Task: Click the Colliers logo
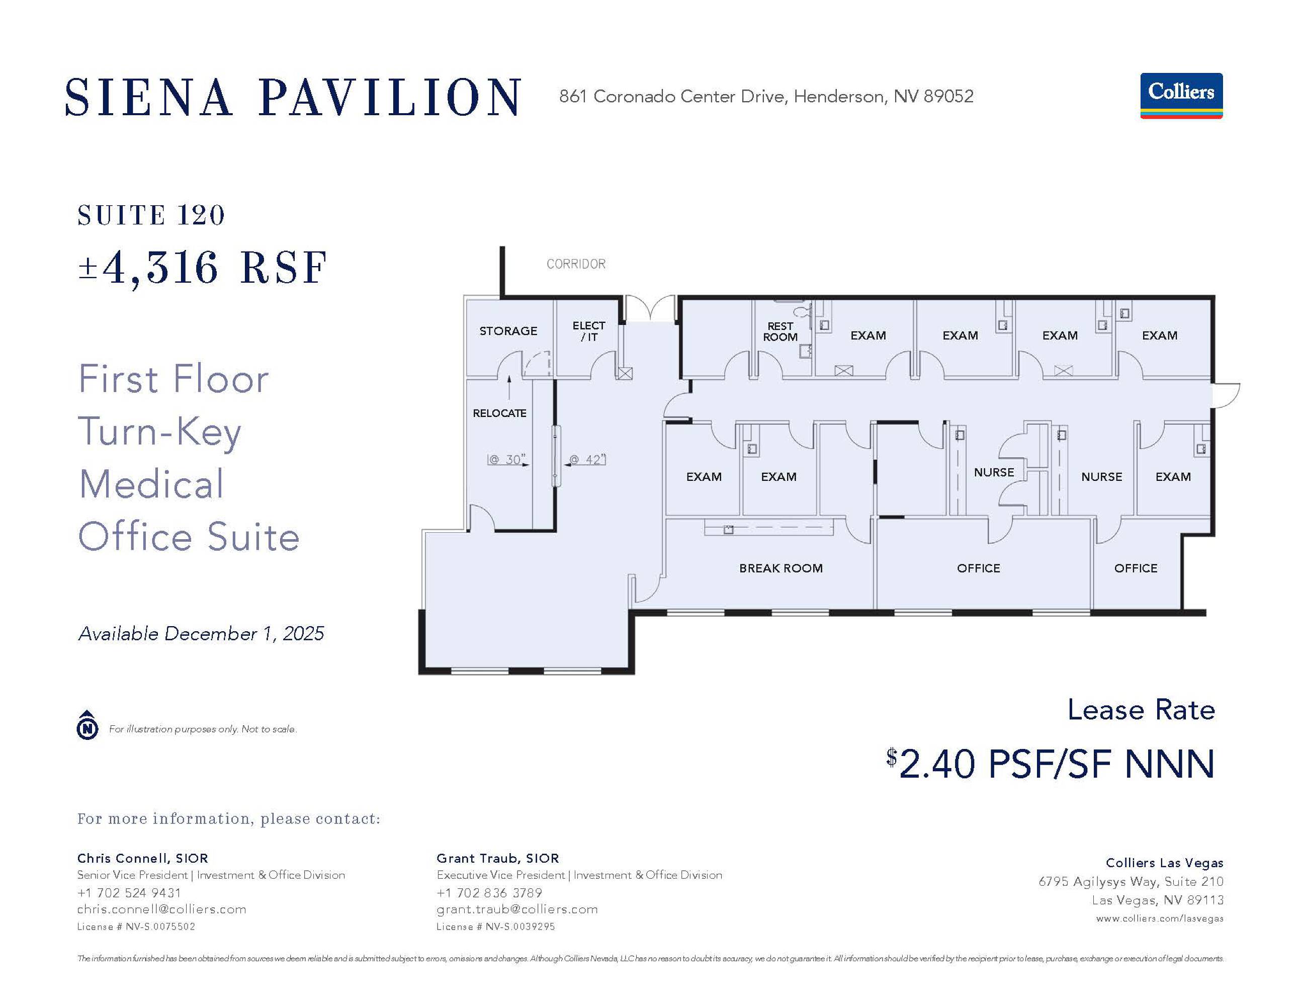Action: (x=1181, y=96)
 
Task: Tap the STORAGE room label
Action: (x=508, y=331)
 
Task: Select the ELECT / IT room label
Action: (x=588, y=331)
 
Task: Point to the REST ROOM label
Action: (x=780, y=331)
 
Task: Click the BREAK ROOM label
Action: (x=781, y=568)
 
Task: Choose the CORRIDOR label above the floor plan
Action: (x=576, y=264)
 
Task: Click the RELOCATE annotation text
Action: (x=499, y=413)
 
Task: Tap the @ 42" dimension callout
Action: (x=587, y=460)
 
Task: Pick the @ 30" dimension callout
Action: (x=506, y=460)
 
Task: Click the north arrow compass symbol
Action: (x=88, y=725)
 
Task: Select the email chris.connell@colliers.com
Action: (x=161, y=909)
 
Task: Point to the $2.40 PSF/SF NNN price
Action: (x=1050, y=764)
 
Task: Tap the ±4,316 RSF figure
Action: (x=203, y=268)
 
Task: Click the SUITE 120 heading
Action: (x=151, y=215)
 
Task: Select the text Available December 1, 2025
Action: (x=201, y=633)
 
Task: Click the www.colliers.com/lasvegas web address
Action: (x=1159, y=918)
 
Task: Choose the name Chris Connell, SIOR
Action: (x=142, y=858)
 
